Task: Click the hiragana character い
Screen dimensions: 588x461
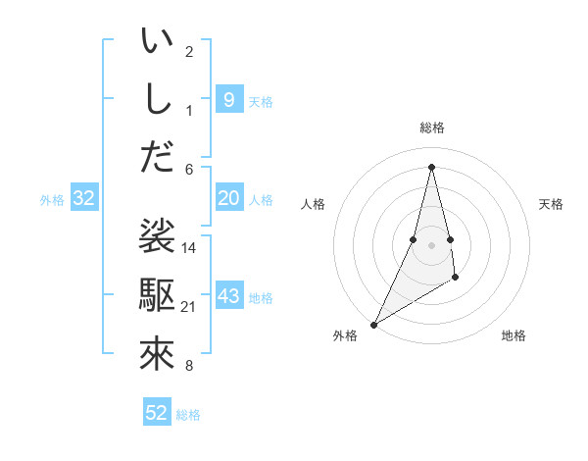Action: click(157, 43)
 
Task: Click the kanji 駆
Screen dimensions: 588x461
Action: click(157, 294)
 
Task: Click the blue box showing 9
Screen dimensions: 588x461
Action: click(228, 99)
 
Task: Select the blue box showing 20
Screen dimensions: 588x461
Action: click(228, 199)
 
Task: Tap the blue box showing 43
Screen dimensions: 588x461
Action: click(228, 297)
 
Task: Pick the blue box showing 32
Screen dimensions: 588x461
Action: click(84, 199)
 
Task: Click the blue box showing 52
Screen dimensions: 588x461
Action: click(157, 413)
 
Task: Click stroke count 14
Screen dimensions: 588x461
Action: click(189, 248)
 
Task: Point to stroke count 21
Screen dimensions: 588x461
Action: click(189, 307)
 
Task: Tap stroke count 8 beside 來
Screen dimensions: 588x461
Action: click(189, 366)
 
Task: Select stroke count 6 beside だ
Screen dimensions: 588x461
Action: click(189, 169)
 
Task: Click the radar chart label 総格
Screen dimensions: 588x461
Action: click(431, 128)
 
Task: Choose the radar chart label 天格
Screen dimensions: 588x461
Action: click(551, 204)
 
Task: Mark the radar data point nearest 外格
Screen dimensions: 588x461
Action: click(374, 324)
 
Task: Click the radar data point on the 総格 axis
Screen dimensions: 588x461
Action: click(431, 166)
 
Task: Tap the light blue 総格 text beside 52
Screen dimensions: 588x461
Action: click(188, 415)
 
